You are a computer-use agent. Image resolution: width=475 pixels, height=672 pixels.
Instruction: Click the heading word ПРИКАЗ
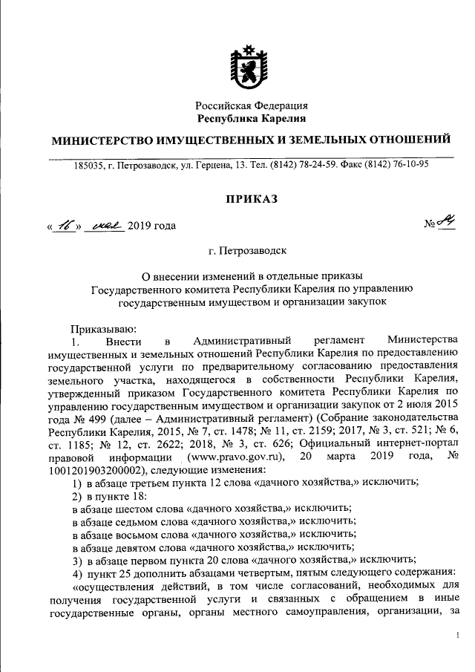(x=251, y=198)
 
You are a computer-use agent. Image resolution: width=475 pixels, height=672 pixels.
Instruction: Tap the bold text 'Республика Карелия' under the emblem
(x=251, y=118)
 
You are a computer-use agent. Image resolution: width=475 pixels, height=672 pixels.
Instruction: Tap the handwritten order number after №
(x=446, y=224)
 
